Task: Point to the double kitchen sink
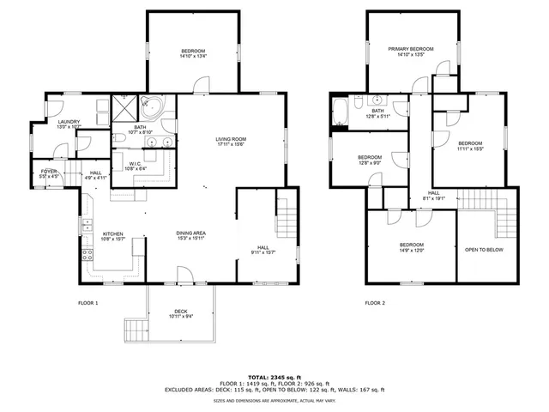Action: coord(87,227)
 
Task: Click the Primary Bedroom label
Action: coord(410,49)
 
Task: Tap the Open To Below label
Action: coord(484,250)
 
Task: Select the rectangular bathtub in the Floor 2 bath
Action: coord(341,112)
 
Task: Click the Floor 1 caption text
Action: coord(88,303)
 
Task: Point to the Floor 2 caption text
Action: coord(375,303)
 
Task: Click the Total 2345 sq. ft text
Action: coord(274,377)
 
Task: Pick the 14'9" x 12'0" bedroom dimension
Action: coord(411,251)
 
